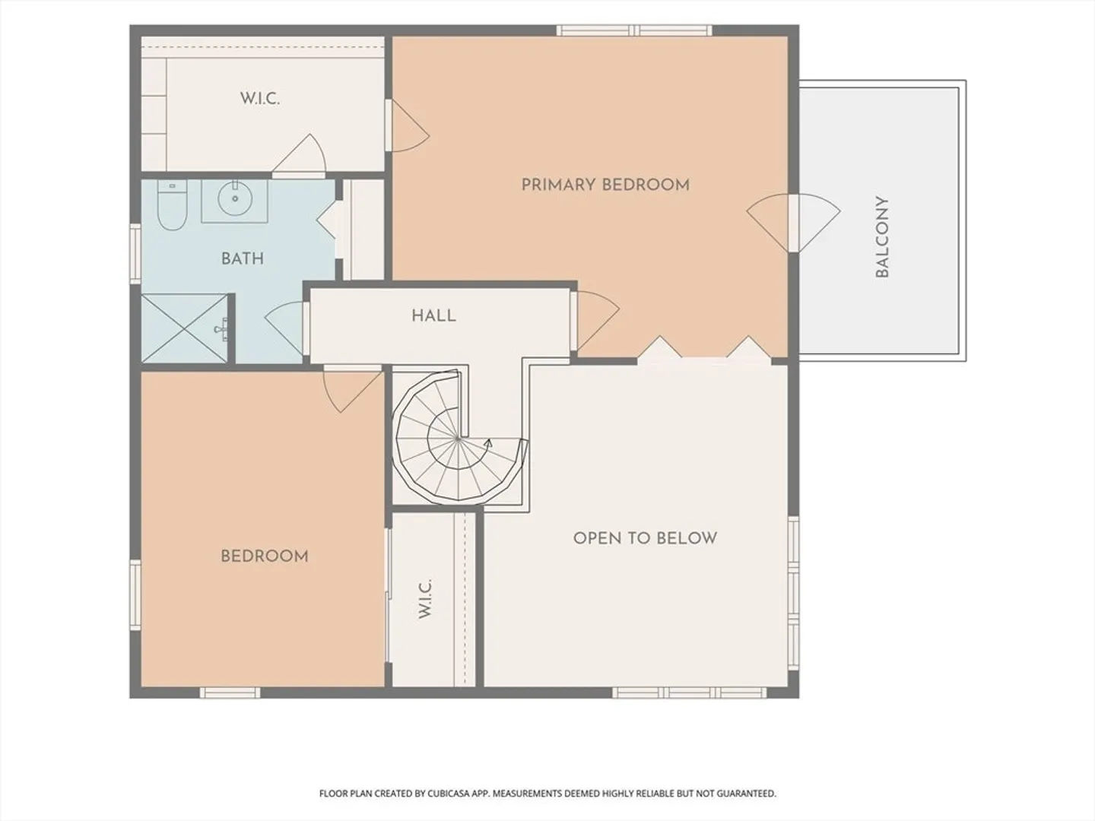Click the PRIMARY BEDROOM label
(x=605, y=185)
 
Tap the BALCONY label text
(x=882, y=236)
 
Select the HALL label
(x=433, y=315)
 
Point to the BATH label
(x=243, y=258)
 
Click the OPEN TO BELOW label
(x=645, y=538)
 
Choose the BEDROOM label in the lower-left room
(x=265, y=556)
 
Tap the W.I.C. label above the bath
(x=260, y=98)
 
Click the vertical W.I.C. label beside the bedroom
(x=424, y=599)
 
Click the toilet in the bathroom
(x=172, y=205)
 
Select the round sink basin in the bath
(x=234, y=198)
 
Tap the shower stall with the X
(x=184, y=328)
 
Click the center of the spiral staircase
(x=458, y=438)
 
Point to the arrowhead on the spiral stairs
(x=488, y=442)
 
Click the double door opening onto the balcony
(x=794, y=223)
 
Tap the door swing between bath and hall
(x=284, y=328)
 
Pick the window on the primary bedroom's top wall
(x=634, y=30)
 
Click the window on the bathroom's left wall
(x=135, y=254)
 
